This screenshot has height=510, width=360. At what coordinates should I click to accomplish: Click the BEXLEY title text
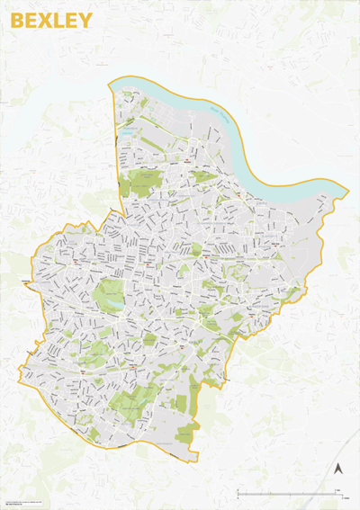click(x=51, y=21)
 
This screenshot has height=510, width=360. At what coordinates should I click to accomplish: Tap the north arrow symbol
click(x=339, y=469)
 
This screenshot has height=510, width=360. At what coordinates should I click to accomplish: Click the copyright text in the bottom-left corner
click(x=36, y=500)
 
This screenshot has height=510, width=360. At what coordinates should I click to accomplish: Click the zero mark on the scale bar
click(x=238, y=494)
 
